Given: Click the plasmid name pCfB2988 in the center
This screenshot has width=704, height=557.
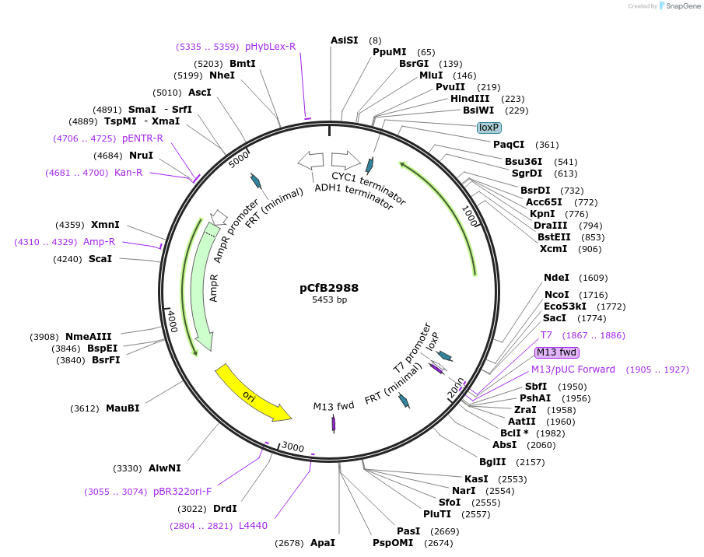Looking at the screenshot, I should (329, 287).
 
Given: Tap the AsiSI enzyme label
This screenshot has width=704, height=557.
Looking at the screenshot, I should (345, 40).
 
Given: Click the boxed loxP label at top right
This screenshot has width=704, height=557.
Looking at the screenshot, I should (489, 128).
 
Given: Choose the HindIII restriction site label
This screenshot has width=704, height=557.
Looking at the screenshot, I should (470, 99).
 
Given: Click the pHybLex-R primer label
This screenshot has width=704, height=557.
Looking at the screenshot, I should (271, 47).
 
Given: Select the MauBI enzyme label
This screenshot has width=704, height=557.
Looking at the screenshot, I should (123, 408).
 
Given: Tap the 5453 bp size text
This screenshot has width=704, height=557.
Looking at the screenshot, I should (329, 300).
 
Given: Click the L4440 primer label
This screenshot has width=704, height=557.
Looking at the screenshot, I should (254, 526).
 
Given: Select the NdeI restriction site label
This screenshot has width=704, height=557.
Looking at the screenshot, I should (557, 278).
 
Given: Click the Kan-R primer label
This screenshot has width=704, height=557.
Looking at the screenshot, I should (128, 173).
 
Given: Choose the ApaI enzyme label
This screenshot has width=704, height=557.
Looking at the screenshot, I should (323, 542).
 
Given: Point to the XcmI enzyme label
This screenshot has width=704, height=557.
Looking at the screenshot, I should (553, 249).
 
